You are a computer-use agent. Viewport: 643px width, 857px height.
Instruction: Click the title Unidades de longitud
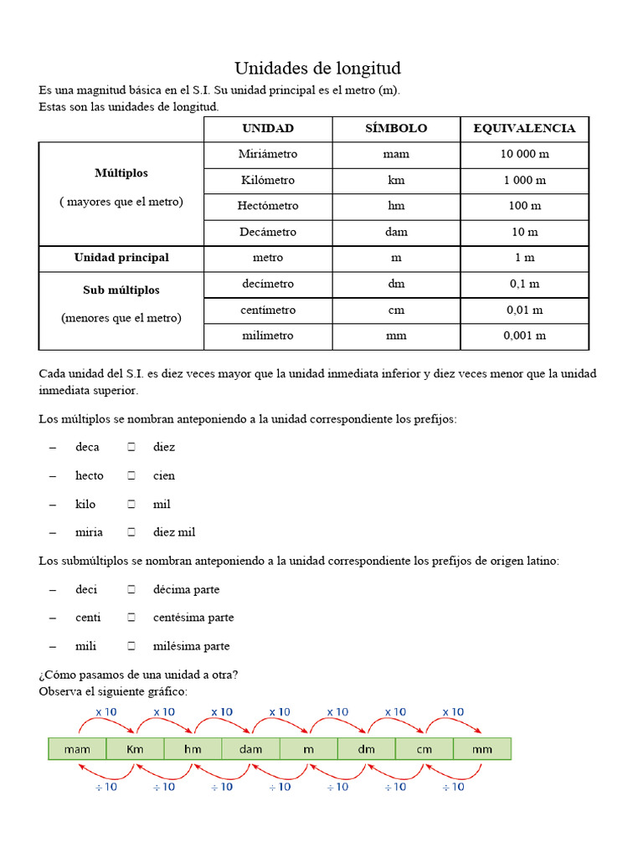317,69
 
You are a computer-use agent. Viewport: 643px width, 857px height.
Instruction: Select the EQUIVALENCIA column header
524,128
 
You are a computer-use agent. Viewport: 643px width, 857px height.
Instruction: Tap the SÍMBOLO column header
396,128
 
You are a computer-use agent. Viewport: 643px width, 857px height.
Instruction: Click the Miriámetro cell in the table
268,154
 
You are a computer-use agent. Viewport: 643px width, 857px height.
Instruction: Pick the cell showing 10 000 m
524,154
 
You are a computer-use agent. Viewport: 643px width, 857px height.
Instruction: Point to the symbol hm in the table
396,206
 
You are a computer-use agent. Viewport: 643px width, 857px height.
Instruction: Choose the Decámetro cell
268,232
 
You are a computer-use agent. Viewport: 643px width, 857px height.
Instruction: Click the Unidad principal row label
121,258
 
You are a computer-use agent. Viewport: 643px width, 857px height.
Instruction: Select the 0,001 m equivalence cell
524,336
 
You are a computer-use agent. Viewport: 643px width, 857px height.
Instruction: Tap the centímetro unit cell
268,310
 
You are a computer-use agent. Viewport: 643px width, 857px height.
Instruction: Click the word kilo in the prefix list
85,504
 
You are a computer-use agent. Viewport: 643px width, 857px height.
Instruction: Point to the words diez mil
174,532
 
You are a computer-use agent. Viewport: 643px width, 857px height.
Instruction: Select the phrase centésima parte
193,618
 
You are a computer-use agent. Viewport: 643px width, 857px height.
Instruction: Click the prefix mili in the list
85,646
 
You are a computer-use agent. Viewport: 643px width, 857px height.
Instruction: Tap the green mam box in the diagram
77,749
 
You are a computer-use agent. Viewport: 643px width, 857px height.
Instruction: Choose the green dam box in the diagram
250,749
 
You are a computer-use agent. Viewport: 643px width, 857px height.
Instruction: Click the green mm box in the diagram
482,749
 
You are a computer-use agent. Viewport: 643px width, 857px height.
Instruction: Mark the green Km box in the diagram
135,749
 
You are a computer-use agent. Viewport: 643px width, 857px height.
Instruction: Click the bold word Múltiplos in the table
121,173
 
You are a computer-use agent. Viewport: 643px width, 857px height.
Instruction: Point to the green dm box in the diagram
366,749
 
